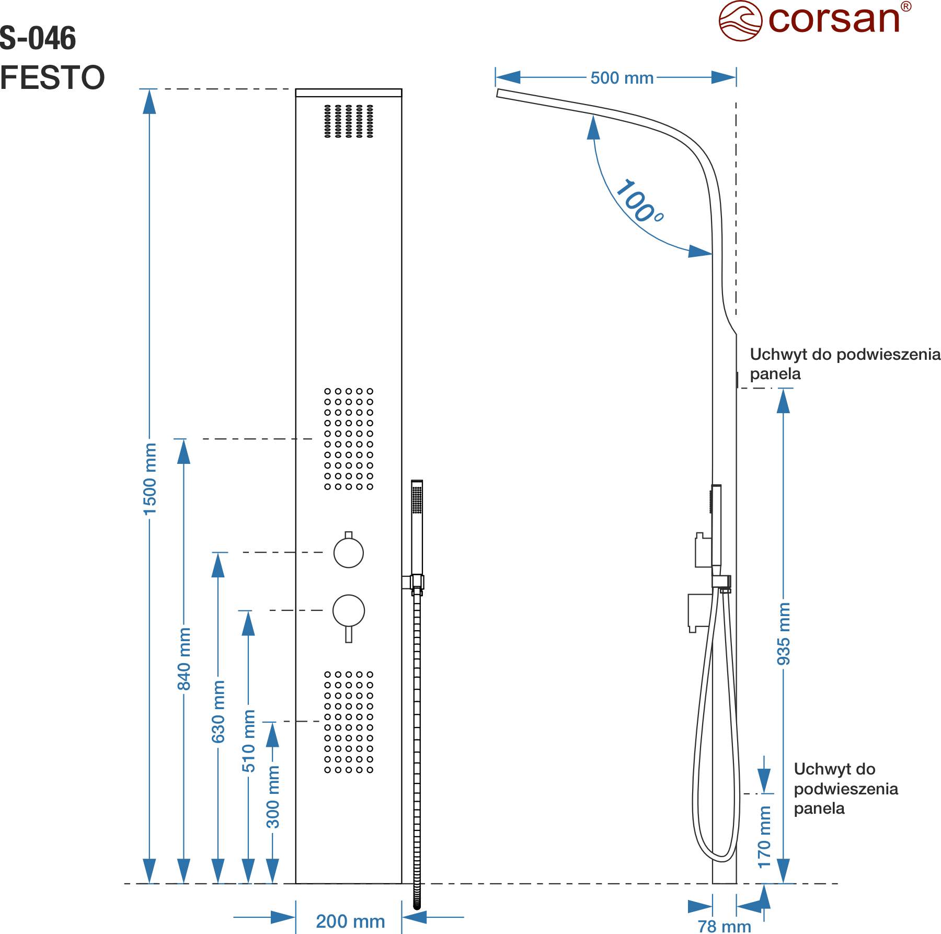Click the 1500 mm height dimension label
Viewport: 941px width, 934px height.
[150, 479]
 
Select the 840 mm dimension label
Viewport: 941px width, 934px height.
[184, 659]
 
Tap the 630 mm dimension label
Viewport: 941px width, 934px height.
[219, 711]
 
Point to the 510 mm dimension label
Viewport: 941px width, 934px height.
[249, 741]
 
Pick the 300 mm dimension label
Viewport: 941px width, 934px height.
[273, 797]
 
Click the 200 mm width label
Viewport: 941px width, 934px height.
[350, 921]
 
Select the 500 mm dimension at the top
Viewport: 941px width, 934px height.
[622, 78]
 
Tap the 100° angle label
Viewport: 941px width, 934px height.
[639, 202]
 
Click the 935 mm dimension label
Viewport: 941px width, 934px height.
[783, 634]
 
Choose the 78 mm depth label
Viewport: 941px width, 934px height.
[724, 926]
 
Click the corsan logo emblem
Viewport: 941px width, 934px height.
[740, 21]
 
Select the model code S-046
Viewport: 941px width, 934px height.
[38, 38]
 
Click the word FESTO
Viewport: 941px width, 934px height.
[52, 77]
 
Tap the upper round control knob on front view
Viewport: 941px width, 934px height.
[349, 552]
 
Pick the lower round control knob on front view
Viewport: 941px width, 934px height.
[349, 610]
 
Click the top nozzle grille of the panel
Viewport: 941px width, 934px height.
[349, 121]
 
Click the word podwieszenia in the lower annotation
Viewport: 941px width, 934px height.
[846, 789]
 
